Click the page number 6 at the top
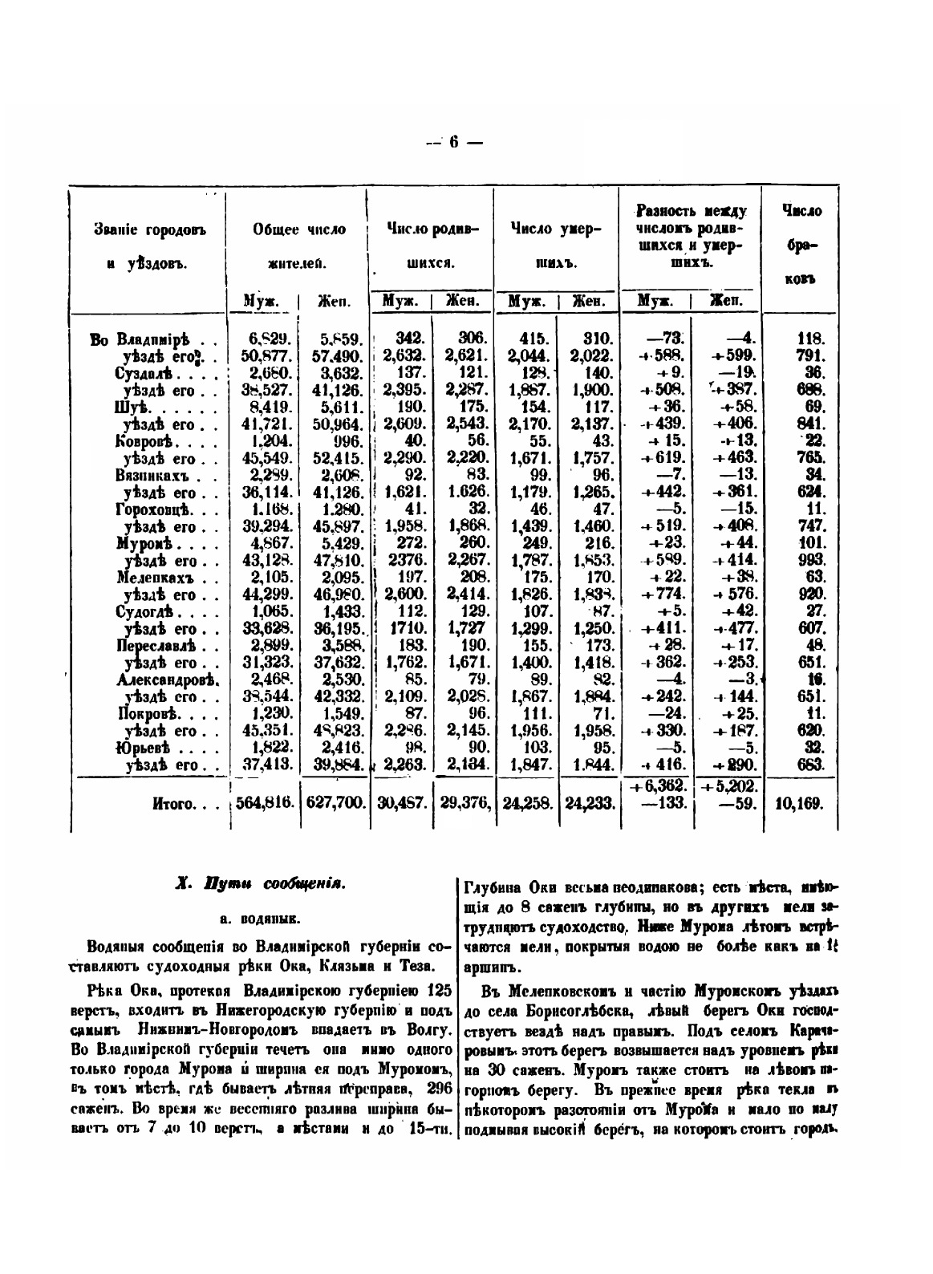[453, 143]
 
